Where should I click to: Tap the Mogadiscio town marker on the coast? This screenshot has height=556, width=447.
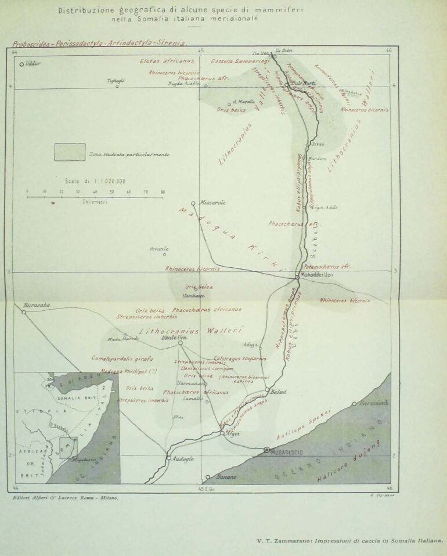(266, 450)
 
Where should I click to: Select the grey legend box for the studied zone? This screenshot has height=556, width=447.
(70, 152)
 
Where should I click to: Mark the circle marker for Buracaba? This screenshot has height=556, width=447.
(24, 312)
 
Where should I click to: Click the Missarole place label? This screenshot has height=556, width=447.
(212, 203)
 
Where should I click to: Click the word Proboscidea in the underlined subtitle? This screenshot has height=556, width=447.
(29, 44)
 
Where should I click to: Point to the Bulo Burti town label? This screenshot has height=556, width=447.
(302, 84)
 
